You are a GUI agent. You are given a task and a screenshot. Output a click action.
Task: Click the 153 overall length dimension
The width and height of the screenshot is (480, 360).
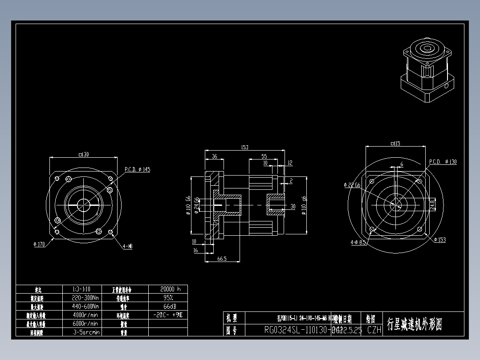244,147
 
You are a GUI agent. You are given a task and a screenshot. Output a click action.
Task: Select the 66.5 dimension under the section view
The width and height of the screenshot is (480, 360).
222,258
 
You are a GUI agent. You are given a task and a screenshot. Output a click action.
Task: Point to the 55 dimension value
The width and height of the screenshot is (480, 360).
264,156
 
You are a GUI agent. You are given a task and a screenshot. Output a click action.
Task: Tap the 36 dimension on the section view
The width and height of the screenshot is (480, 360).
214,156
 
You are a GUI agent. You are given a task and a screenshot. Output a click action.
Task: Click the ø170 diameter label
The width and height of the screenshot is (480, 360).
40,244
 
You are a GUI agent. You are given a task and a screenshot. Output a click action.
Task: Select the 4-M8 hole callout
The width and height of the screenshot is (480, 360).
127,245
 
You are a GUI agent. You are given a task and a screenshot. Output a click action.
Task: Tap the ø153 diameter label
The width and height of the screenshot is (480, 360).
439,240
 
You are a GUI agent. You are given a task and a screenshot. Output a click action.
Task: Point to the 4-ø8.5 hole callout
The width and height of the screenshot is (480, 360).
358,242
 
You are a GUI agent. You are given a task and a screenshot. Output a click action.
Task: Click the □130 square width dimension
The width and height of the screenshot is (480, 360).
83,154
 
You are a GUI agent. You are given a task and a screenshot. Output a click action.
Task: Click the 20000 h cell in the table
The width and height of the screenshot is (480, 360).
168,289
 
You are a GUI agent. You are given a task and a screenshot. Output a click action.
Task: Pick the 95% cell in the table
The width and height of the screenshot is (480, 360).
168,298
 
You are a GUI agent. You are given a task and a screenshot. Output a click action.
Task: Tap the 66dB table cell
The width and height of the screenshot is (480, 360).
168,306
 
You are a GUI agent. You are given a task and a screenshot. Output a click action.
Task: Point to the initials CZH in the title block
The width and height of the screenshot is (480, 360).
374,330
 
